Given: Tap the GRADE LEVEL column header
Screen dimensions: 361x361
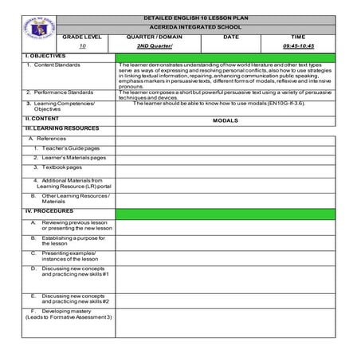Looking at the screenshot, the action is click(82, 37).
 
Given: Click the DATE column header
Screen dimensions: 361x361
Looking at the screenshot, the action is click(231, 37).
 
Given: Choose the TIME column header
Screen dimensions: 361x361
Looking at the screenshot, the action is click(298, 37).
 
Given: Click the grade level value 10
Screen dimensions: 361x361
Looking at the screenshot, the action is click(82, 47).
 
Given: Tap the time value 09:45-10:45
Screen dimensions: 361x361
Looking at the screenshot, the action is click(298, 47).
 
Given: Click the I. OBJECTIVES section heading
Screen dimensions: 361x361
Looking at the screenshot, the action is click(41, 56).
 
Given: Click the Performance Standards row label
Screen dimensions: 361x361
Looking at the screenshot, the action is click(59, 92).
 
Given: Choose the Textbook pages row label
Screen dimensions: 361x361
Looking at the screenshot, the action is click(61, 167).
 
